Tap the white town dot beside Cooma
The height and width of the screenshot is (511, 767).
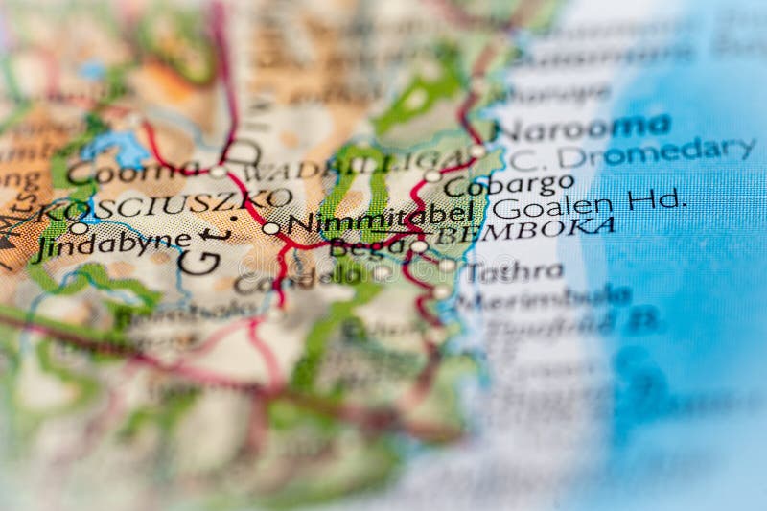pyautogui.click(x=218, y=172)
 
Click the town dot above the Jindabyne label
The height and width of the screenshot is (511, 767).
pyautogui.click(x=79, y=228)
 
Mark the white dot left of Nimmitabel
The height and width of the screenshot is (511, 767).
pyautogui.click(x=270, y=228)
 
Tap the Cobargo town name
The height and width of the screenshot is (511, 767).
pyautogui.click(x=508, y=184)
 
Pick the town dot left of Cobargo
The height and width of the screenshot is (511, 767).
pyautogui.click(x=432, y=175)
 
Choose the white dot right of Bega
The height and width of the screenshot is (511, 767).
pyautogui.click(x=419, y=246)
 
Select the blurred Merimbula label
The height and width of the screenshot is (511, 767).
pyautogui.click(x=543, y=297)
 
